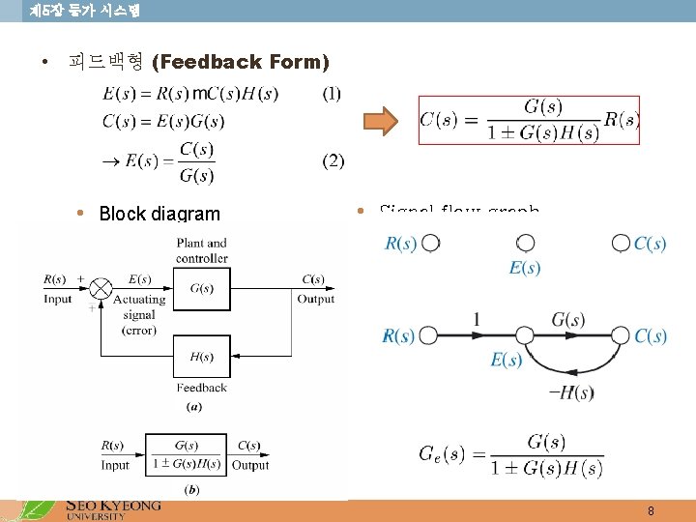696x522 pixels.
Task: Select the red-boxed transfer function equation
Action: tap(529, 120)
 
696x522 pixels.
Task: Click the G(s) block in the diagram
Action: tap(202, 288)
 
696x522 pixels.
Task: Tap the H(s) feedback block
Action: tap(202, 357)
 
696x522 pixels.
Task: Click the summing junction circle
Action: tap(101, 288)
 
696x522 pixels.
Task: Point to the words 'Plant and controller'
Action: tap(202, 250)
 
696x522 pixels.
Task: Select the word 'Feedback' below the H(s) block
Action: tap(202, 388)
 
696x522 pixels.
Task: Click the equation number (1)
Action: tap(332, 94)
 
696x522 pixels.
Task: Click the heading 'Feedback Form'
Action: tap(241, 62)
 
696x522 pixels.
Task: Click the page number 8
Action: tap(651, 510)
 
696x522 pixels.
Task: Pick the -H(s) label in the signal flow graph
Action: tap(570, 391)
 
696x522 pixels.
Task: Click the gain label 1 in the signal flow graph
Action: tap(477, 318)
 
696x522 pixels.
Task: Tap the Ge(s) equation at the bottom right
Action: tap(510, 454)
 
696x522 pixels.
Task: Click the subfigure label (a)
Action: tap(193, 407)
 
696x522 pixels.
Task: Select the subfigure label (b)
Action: tap(191, 490)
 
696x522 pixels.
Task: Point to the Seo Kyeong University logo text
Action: tap(112, 508)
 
